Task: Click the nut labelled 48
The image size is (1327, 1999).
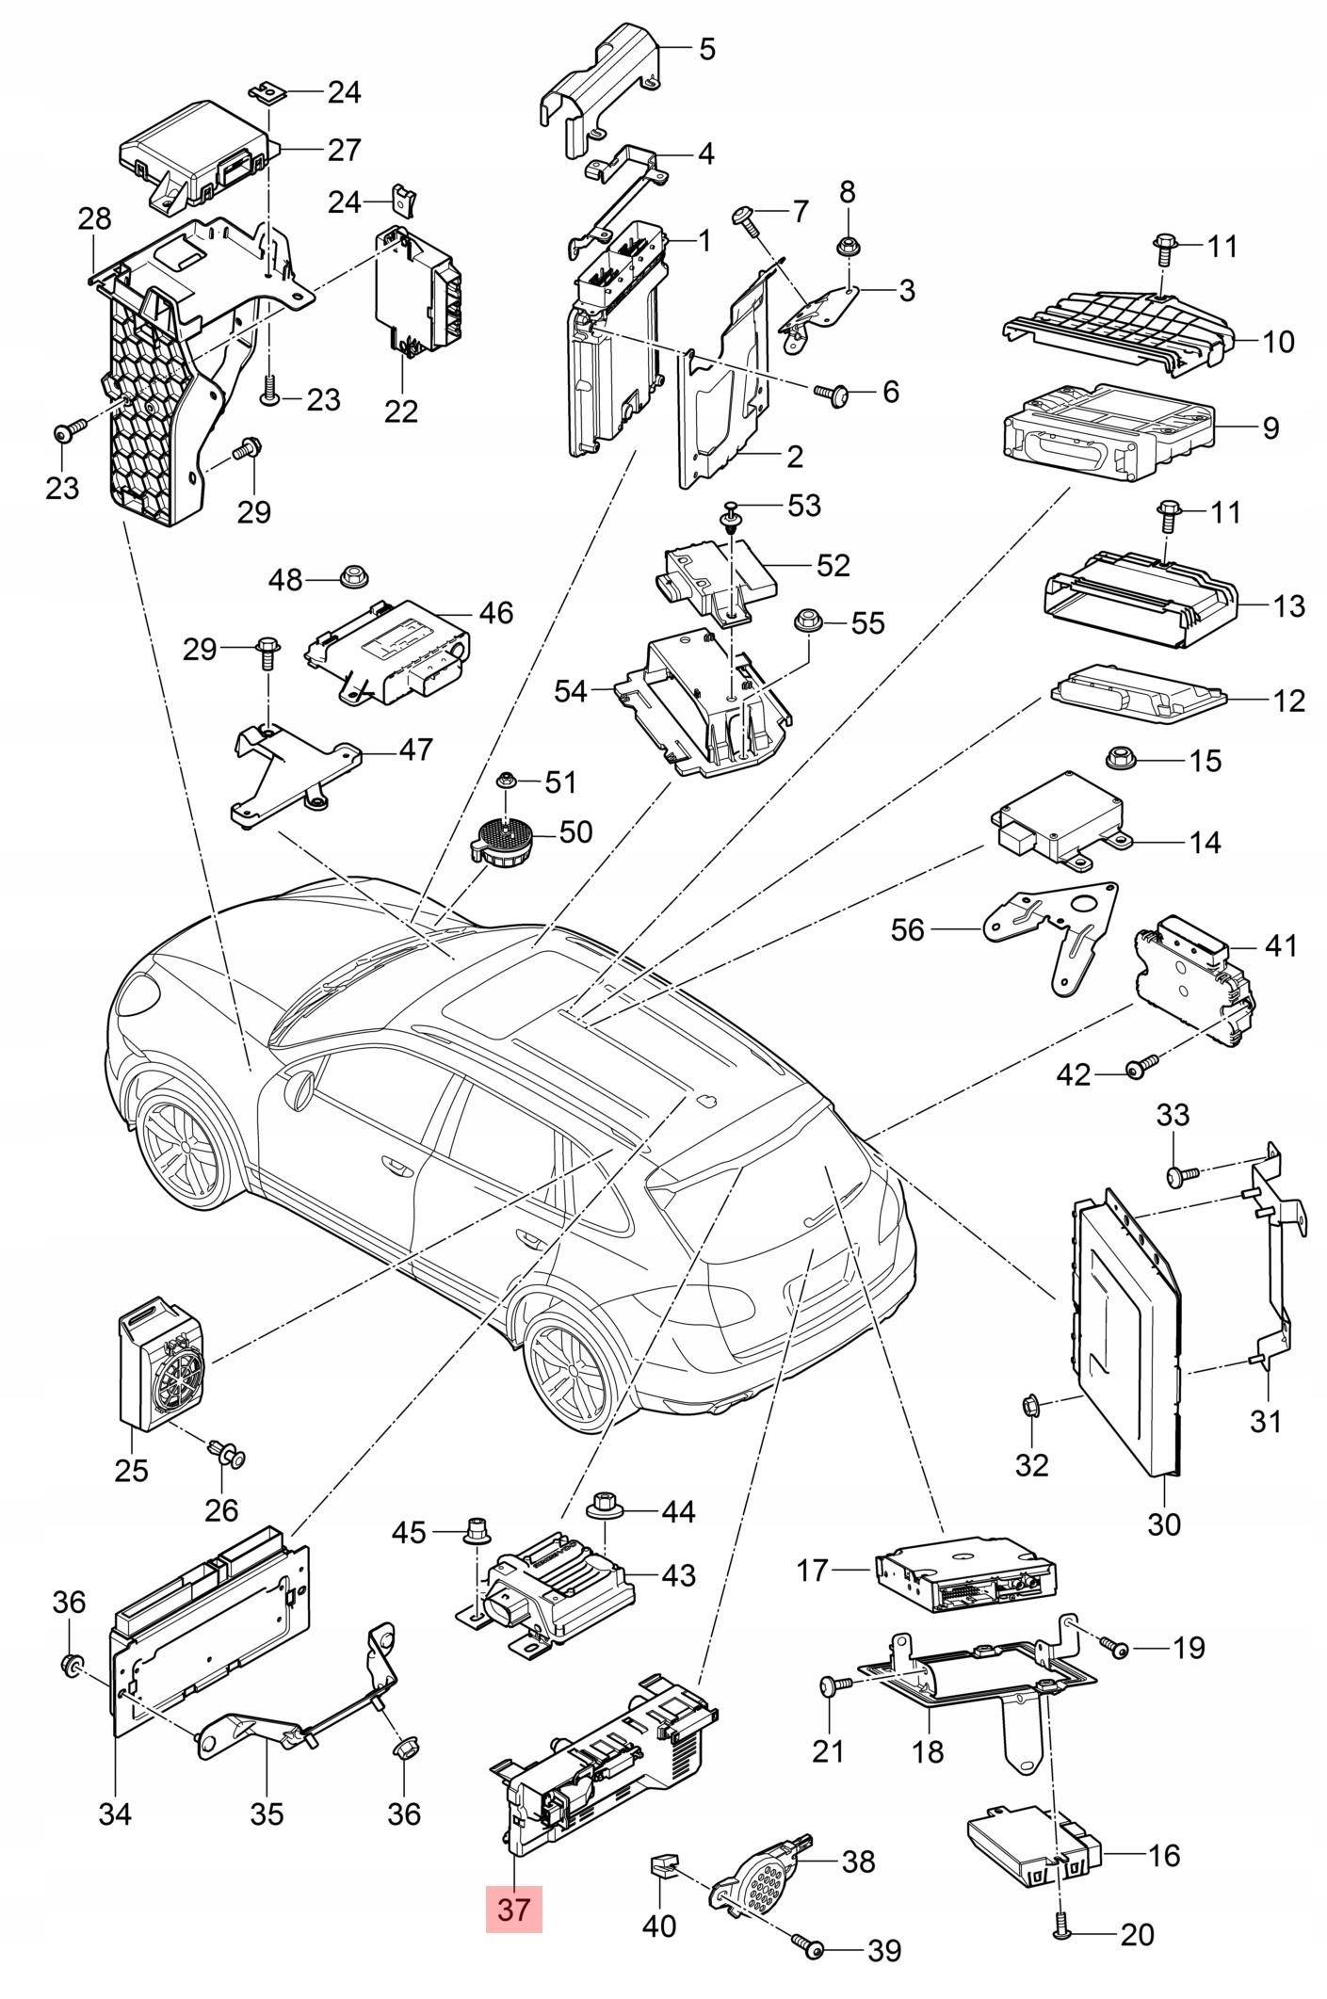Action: point(352,576)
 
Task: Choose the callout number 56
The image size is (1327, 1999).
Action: point(909,930)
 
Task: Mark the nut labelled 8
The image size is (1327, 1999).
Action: point(847,248)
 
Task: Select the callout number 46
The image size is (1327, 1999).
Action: point(496,613)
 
